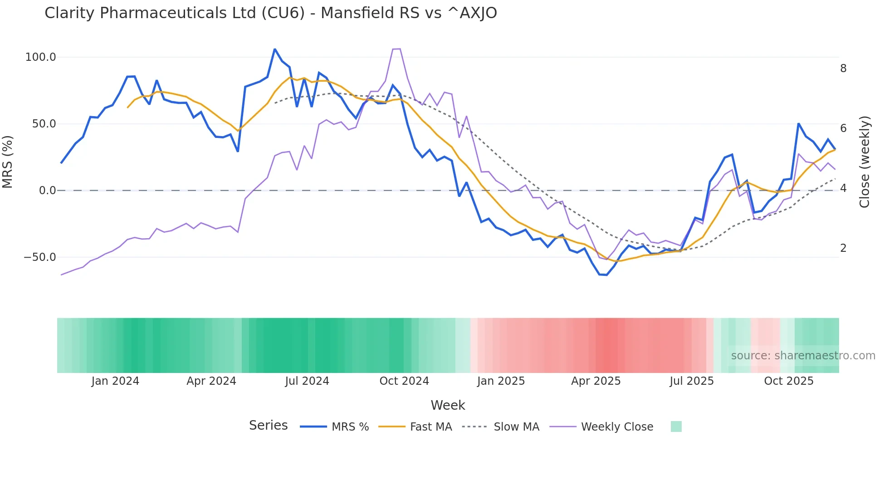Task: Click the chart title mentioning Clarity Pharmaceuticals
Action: (271, 13)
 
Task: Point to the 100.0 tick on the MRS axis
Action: (41, 57)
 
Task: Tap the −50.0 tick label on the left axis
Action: (40, 257)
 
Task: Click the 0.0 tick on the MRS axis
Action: (47, 191)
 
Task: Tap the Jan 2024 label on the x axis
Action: (115, 381)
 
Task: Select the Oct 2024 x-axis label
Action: (404, 381)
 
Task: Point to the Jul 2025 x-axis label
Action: (692, 381)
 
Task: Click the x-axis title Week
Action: (448, 405)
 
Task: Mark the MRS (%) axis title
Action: (8, 162)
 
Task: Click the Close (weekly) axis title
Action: (865, 162)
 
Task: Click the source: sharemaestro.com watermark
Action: (803, 356)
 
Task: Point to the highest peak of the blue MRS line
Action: (275, 49)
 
